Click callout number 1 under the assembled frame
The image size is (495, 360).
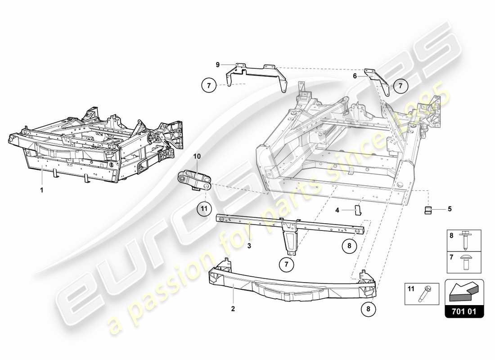[41, 190]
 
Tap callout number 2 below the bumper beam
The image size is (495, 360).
[233, 309]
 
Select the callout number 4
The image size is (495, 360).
[337, 209]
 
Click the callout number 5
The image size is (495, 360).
[449, 209]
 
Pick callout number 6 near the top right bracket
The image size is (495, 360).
[355, 76]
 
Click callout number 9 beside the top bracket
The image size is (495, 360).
[217, 65]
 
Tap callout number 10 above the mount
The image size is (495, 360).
[197, 156]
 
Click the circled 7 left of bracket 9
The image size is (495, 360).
[208, 85]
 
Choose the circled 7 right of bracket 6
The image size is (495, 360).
[401, 85]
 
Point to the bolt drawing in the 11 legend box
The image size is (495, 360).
[425, 294]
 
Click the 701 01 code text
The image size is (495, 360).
[464, 310]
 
